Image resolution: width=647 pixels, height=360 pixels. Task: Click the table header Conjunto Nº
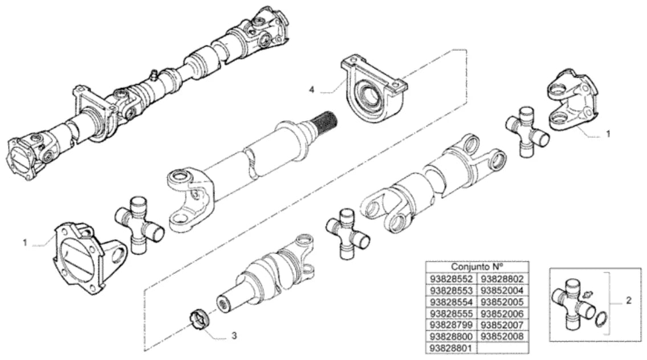(x=477, y=267)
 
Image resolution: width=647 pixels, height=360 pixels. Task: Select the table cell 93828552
(x=451, y=279)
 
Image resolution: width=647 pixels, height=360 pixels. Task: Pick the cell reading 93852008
(x=502, y=337)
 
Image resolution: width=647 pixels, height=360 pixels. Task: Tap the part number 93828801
(x=451, y=348)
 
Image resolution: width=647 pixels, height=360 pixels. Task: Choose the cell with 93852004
(x=502, y=291)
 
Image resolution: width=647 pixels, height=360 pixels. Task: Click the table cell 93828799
(x=451, y=325)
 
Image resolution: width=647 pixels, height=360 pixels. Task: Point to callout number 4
(x=312, y=89)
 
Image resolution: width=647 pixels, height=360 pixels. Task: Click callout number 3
(x=234, y=336)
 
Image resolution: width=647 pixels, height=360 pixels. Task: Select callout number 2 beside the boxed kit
(x=628, y=301)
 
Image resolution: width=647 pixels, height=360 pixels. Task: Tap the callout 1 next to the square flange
(x=25, y=243)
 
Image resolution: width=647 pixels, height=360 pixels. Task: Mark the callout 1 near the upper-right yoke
(x=608, y=134)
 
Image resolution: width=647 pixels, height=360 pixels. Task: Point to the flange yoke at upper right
(x=573, y=101)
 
